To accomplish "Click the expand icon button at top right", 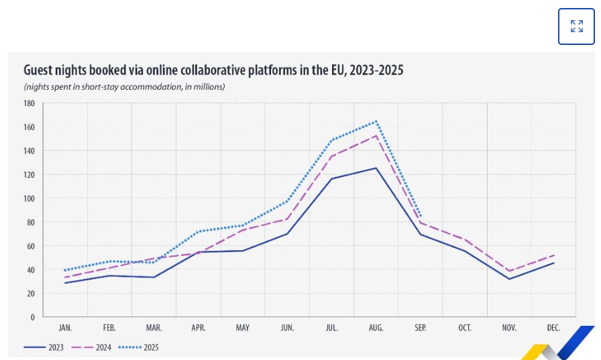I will point(576,26).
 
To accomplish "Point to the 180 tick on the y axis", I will point(28,103).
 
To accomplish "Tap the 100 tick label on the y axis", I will point(28,198).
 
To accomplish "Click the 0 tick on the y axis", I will point(32,317).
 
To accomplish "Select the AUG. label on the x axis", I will point(376,328).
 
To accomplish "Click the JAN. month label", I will point(65,328).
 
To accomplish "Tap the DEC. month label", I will point(553,328).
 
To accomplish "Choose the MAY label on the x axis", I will point(243,328).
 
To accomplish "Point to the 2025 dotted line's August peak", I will point(376,121).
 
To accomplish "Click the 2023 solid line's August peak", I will point(376,168).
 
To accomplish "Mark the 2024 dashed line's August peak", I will point(376,135).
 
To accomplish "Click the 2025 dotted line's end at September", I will point(421,216).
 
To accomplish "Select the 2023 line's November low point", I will point(509,279).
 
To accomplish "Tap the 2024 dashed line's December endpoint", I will point(553,255).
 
